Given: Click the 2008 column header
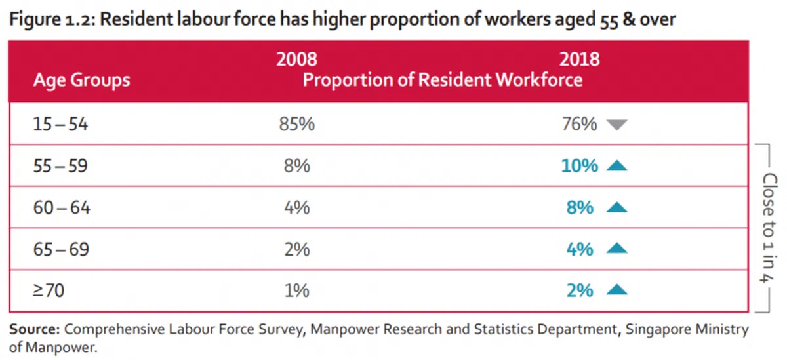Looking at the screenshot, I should click(296, 60).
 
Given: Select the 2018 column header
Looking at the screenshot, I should click(579, 60).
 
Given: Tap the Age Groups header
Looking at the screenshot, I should click(81, 81).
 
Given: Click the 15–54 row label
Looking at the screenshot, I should click(60, 124).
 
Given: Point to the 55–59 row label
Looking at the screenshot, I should click(60, 166).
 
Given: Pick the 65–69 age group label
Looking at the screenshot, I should click(61, 249).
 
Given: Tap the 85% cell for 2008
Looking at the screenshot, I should click(296, 124).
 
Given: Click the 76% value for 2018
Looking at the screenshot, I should click(579, 124).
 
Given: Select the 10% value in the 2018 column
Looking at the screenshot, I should click(580, 166).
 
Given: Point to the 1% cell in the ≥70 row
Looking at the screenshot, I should click(296, 290).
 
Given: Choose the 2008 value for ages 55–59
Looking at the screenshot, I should click(296, 166).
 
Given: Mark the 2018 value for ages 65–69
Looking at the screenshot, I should click(579, 249).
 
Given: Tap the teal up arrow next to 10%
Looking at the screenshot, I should click(617, 166).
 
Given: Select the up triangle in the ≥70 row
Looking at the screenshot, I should click(617, 290).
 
